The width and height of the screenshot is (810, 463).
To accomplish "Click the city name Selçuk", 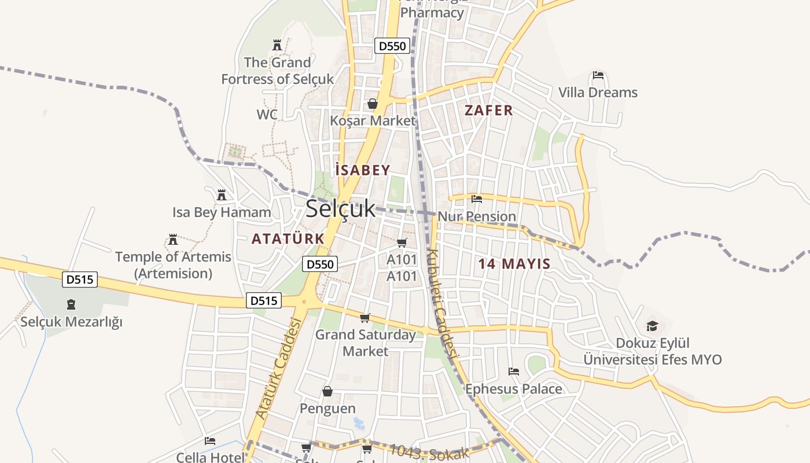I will pyautogui.click(x=340, y=209).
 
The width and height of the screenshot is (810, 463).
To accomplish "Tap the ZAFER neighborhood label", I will pyautogui.click(x=489, y=111).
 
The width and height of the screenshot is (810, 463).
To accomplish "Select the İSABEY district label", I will pyautogui.click(x=363, y=170).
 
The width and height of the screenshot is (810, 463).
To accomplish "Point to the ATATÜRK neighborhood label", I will pyautogui.click(x=288, y=238).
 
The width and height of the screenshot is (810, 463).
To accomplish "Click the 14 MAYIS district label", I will pyautogui.click(x=514, y=264).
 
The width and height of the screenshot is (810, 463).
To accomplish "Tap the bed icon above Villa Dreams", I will pyautogui.click(x=598, y=76).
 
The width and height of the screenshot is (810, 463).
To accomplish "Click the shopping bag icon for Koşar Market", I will pyautogui.click(x=373, y=104).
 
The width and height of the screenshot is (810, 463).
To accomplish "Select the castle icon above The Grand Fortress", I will pyautogui.click(x=277, y=45).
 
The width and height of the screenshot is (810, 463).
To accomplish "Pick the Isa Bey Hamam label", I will pyautogui.click(x=222, y=212).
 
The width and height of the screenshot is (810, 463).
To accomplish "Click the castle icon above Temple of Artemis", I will pyautogui.click(x=172, y=239).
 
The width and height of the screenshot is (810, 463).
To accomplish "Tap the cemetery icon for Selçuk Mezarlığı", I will pyautogui.click(x=71, y=304).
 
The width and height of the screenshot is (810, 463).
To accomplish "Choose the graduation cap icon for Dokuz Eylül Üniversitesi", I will pyautogui.click(x=652, y=326).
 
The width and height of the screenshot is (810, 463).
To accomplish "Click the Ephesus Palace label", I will pyautogui.click(x=514, y=389).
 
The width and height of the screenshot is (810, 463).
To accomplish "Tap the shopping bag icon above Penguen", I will pyautogui.click(x=327, y=392).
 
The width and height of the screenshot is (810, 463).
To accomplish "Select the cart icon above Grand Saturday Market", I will pyautogui.click(x=365, y=318).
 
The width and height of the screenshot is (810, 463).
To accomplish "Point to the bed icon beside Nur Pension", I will pyautogui.click(x=477, y=199).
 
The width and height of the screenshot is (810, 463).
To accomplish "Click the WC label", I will pyautogui.click(x=267, y=115).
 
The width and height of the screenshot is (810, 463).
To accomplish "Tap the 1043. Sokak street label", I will pyautogui.click(x=429, y=451).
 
